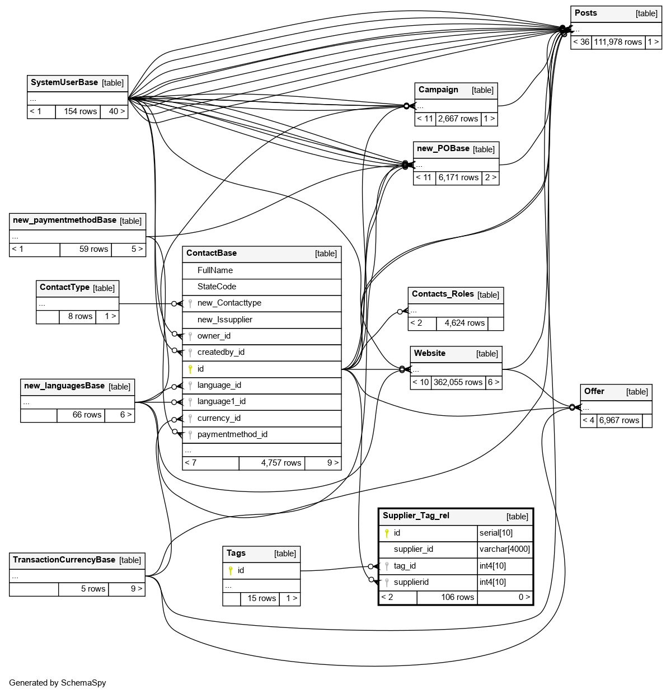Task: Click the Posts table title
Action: point(586,13)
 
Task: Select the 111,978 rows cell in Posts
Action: point(618,42)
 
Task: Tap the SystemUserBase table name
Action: point(64,82)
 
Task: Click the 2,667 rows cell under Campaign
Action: point(458,119)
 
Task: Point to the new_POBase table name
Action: point(443,148)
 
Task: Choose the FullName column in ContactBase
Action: point(215,270)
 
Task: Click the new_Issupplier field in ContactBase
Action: point(225,320)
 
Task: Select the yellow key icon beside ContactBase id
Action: point(190,369)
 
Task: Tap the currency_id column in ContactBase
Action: point(219,418)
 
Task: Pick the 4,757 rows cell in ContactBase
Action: point(281,463)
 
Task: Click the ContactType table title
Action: point(64,287)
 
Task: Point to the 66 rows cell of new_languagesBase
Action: point(87,415)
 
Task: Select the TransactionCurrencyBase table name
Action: point(64,560)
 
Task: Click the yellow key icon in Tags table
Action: point(230,570)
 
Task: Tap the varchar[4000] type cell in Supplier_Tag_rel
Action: point(505,549)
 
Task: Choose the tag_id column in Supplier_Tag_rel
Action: point(405,566)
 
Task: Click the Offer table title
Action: point(594,391)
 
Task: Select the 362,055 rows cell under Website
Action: point(458,382)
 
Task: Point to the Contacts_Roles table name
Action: point(443,294)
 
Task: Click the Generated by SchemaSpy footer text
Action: point(58,683)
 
